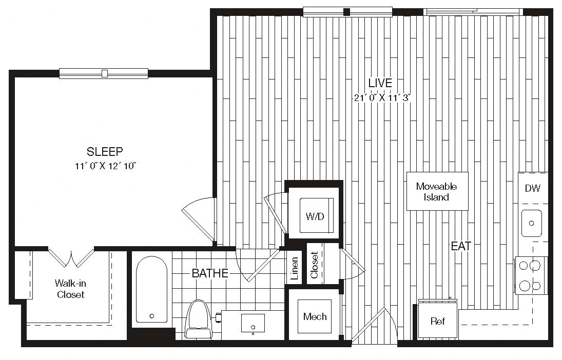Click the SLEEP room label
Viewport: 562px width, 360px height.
pos(105,151)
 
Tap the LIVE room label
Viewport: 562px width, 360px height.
pos(380,83)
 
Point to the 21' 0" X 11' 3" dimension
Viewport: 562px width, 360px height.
pos(382,97)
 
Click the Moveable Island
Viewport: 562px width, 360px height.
pos(437,191)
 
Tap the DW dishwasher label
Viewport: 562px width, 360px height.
pos(533,188)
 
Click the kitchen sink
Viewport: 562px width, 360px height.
pos(532,223)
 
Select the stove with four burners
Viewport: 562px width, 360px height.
pos(531,275)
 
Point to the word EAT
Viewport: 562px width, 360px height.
pos(461,246)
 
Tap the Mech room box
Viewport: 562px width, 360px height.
pos(315,316)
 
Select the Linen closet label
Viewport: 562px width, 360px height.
pos(295,268)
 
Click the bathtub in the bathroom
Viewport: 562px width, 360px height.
pos(151,289)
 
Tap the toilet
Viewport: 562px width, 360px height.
pos(198,319)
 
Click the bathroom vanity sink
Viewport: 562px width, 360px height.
pos(253,323)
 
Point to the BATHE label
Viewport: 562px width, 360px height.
pos(210,273)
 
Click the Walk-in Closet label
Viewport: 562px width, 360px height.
pos(70,289)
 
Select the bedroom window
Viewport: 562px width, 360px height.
pos(104,73)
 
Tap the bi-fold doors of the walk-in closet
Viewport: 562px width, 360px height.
pos(71,257)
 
